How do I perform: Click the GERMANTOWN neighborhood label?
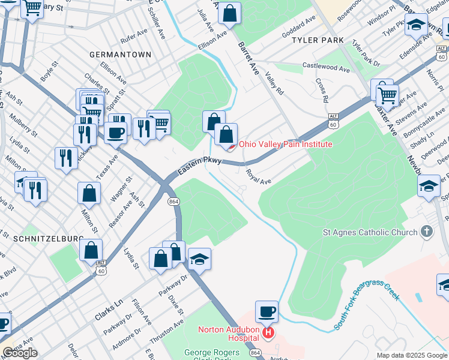[x=120, y=55]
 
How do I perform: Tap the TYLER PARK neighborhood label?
[x=318, y=40]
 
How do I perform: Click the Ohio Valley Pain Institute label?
[x=285, y=144]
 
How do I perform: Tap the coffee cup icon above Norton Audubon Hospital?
[x=267, y=312]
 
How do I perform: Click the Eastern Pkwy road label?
[x=199, y=166]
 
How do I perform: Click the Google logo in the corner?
[x=20, y=353]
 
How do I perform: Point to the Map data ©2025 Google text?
[x=412, y=355]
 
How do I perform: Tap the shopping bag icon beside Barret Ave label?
[x=229, y=13]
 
